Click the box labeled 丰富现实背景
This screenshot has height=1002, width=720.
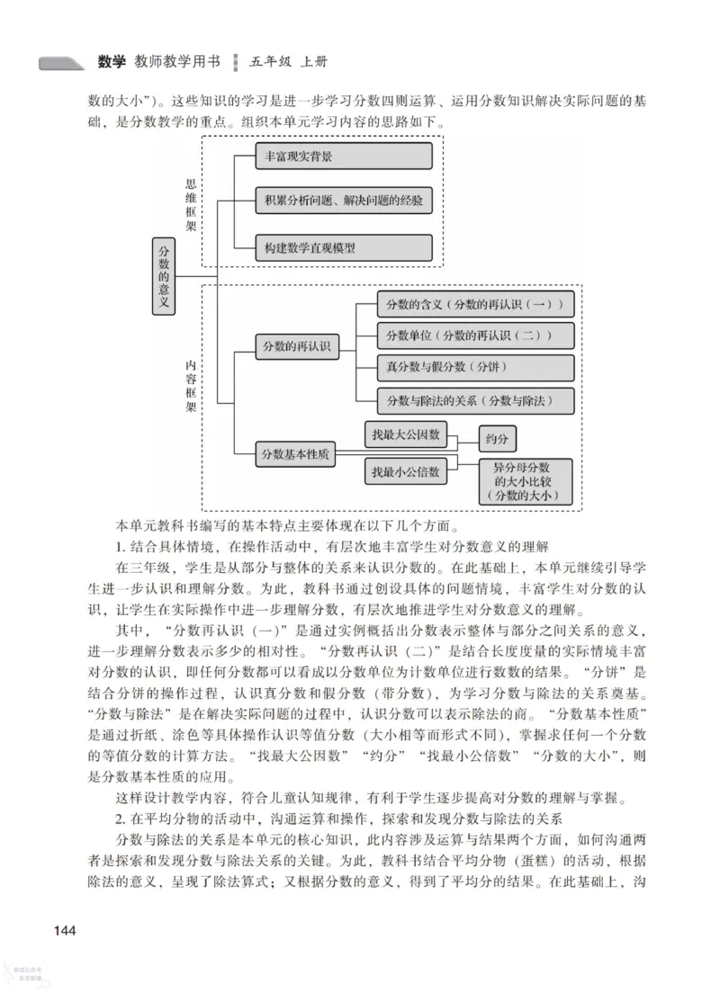[x=343, y=156]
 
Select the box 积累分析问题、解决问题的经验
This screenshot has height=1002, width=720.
[x=343, y=201]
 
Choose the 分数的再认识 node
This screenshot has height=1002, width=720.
[x=296, y=346]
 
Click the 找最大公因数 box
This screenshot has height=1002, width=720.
[x=407, y=434]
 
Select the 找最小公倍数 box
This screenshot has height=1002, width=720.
[x=407, y=470]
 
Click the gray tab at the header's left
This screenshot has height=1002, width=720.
[x=62, y=63]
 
